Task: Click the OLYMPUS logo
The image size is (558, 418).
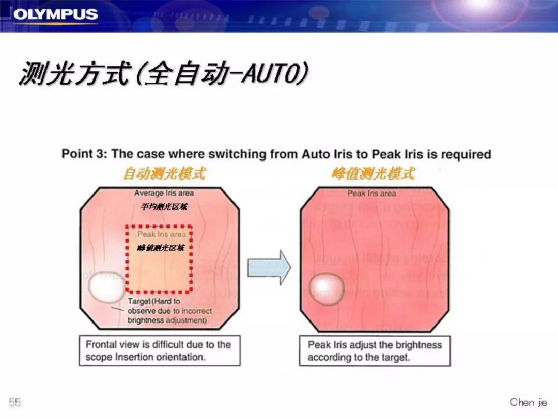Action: coord(55,14)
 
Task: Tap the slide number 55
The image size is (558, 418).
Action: coord(15,403)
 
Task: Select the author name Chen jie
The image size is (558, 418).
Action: coord(528,402)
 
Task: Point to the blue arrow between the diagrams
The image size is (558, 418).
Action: coord(269,267)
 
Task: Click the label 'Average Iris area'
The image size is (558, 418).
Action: coord(164,194)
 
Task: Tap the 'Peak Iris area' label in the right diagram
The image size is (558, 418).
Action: coord(371,194)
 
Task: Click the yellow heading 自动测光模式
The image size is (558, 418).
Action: coord(164,174)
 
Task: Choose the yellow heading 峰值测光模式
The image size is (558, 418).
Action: coord(373,174)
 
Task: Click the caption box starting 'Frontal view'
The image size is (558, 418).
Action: coord(159,351)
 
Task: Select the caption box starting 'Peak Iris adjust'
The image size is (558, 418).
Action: coord(375,351)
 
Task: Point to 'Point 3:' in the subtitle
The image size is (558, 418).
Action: coord(84,154)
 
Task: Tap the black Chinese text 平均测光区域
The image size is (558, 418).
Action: coord(164,207)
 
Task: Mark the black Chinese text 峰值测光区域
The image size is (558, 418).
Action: coord(161,248)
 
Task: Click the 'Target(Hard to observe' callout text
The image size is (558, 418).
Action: coord(167,311)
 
